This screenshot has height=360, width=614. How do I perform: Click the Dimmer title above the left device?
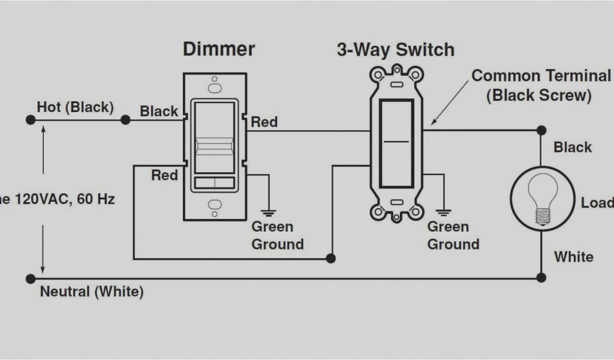pyautogui.click(x=218, y=49)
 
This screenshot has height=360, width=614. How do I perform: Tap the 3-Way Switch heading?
pyautogui.click(x=395, y=50)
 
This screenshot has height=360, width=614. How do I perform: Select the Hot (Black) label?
pyautogui.click(x=75, y=107)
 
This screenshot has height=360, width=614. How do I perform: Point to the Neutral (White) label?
pyautogui.click(x=92, y=292)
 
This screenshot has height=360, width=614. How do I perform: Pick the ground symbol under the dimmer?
pyautogui.click(x=268, y=212)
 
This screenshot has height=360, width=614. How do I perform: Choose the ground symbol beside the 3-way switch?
pyautogui.click(x=444, y=211)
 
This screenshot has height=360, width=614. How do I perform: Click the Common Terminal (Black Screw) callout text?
pyautogui.click(x=540, y=85)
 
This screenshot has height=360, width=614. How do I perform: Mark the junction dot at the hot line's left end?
pyautogui.click(x=30, y=120)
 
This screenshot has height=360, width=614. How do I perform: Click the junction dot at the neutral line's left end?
pyautogui.click(x=30, y=278)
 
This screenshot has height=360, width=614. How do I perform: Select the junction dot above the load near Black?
pyautogui.click(x=541, y=130)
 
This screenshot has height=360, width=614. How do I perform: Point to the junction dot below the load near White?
pyautogui.click(x=541, y=277)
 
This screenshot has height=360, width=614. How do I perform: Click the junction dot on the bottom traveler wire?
pyautogui.click(x=330, y=259)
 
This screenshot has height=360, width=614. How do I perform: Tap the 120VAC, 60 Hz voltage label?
pyautogui.click(x=57, y=199)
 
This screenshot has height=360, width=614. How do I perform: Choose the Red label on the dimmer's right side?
pyautogui.click(x=264, y=122)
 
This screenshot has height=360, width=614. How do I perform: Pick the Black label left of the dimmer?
pyautogui.click(x=159, y=111)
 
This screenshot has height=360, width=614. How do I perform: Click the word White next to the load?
pyautogui.click(x=574, y=257)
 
